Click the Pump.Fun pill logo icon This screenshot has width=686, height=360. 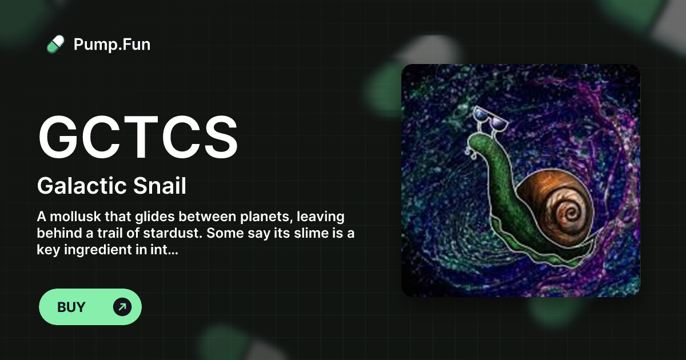[55, 44]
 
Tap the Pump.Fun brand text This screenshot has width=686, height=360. [112, 44]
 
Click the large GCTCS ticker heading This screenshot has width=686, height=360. [138, 138]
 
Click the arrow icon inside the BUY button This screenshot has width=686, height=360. [122, 307]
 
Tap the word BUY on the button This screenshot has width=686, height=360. [71, 307]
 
